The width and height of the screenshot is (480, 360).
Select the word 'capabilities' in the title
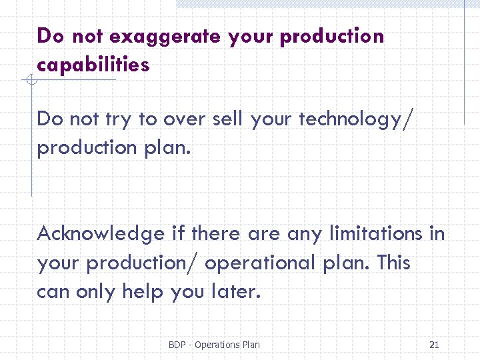[93, 65]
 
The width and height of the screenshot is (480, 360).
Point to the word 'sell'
[229, 119]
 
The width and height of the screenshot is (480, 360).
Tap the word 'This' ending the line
[393, 263]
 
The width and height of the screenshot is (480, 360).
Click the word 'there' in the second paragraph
[217, 234]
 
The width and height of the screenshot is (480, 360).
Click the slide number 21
[434, 345]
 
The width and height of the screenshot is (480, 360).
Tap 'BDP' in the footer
[177, 345]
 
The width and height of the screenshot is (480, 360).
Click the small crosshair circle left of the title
[31, 81]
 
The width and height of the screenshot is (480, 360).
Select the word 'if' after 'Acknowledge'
[177, 234]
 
